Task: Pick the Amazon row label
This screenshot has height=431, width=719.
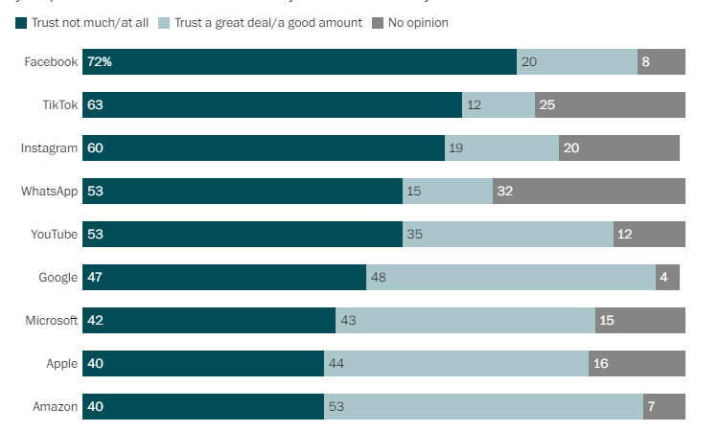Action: pyautogui.click(x=55, y=407)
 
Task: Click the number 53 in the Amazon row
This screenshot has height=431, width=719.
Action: pyautogui.click(x=336, y=407)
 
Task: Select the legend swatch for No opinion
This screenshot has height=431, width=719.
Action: pyautogui.click(x=379, y=22)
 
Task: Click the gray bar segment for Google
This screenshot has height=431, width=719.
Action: pyautogui.click(x=667, y=278)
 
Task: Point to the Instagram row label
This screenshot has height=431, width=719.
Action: pyautogui.click(x=49, y=148)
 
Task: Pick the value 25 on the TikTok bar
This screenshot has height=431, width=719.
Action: pyautogui.click(x=547, y=105)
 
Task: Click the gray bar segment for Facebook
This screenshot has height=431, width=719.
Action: pyautogui.click(x=661, y=62)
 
